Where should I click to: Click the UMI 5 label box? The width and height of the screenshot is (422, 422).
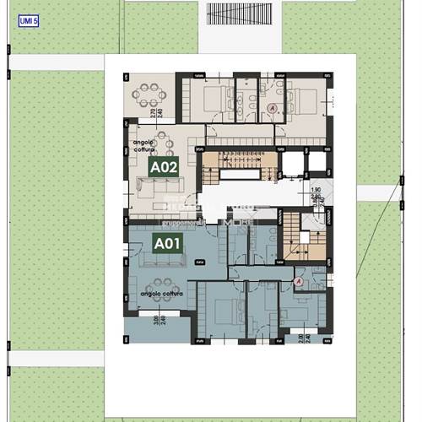[28, 20]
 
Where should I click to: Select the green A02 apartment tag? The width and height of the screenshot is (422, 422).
[164, 167]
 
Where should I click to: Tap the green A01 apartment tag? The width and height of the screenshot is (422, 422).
[167, 244]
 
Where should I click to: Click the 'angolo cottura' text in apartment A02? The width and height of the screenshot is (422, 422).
[144, 148]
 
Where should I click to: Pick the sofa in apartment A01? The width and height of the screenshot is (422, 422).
[158, 263]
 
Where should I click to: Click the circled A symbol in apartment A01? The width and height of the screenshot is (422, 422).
[298, 280]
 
